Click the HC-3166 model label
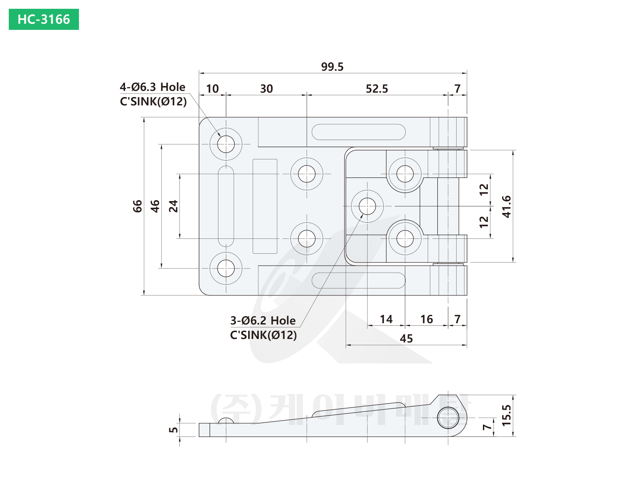[44, 19]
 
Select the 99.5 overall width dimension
[332, 67]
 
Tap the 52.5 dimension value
[377, 89]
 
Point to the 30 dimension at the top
[266, 89]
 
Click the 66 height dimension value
[138, 206]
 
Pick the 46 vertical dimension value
[155, 206]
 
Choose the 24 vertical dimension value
[174, 206]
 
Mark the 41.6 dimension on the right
[507, 206]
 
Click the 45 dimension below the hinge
[406, 339]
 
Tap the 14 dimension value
[386, 319]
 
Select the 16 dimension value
[426, 319]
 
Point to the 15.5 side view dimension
[507, 415]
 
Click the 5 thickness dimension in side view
[174, 430]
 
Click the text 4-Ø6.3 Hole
[153, 87]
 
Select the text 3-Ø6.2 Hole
[263, 321]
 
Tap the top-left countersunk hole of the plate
[226, 144]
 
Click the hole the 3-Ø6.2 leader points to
[368, 206]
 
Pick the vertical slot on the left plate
[226, 206]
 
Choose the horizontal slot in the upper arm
[358, 132]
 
